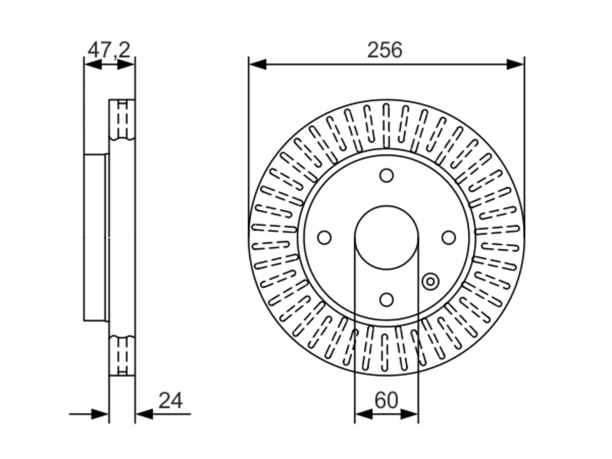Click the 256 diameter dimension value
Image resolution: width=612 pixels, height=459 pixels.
384,50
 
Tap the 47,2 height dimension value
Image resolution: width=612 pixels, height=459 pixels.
109,50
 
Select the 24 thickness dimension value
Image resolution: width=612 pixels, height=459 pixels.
170,401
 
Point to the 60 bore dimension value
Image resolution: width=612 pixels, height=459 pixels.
386,400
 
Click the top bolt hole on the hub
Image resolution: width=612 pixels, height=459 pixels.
386,175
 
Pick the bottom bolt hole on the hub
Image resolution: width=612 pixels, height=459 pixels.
386,300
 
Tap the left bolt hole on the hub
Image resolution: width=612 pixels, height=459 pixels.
324,238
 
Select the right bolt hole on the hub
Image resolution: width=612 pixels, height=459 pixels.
448,238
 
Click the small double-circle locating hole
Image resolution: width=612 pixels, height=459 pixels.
430,282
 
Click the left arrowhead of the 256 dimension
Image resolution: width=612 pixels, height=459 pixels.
258,65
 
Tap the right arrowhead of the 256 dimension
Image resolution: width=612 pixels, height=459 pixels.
515,65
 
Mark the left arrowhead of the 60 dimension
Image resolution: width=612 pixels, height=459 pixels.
363,414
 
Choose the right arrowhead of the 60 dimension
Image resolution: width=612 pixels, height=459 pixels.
409,414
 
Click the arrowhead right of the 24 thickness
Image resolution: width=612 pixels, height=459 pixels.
144,414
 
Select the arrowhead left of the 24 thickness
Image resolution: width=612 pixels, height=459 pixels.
99,414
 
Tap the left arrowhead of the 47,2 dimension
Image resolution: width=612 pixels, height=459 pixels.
93,65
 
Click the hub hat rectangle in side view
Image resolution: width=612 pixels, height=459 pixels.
95,238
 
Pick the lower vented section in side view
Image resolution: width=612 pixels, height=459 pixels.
122,356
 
